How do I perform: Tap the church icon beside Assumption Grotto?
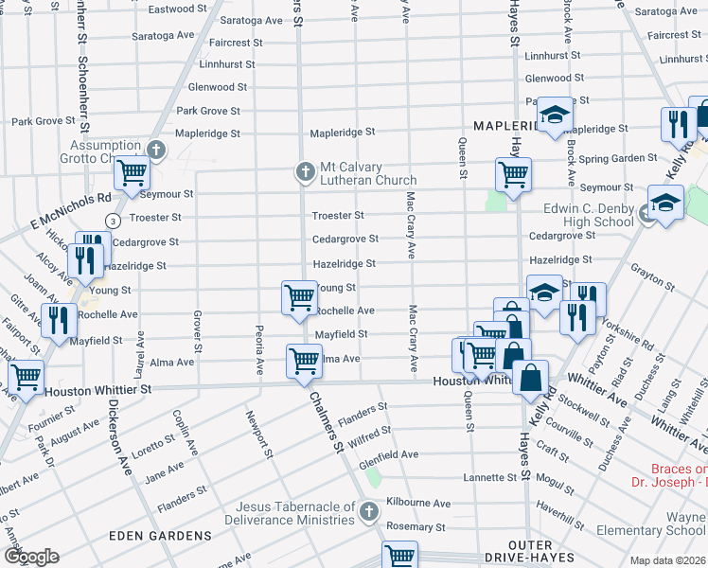tap(157, 150)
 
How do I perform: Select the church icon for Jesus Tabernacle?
tap(369, 512)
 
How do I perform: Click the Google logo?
tap(30, 557)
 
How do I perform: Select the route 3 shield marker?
tap(113, 221)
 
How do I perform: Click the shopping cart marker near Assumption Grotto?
tap(132, 173)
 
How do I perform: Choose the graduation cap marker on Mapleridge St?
tap(554, 115)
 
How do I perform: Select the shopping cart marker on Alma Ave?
tap(303, 360)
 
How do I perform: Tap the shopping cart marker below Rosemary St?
tap(400, 554)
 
